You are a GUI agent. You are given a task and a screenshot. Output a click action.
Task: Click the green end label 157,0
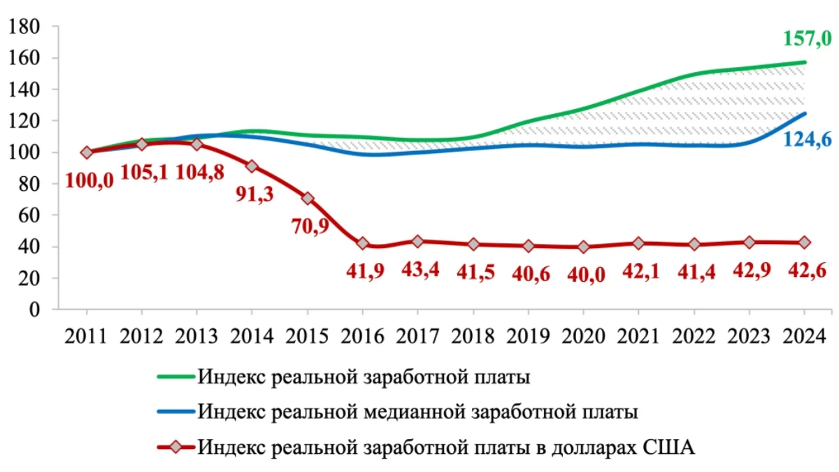point(806,38)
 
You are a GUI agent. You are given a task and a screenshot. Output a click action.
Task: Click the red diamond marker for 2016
point(362,243)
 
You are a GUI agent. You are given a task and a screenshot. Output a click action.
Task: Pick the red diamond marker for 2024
point(805,242)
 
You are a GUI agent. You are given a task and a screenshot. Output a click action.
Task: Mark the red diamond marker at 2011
point(87,152)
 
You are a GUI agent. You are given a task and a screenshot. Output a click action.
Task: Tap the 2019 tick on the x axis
point(529,336)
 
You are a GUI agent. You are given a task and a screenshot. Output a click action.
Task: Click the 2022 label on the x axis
point(694,336)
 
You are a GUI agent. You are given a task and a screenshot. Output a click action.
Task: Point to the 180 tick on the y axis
point(26,27)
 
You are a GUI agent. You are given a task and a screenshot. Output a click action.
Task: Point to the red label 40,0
point(585,273)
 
